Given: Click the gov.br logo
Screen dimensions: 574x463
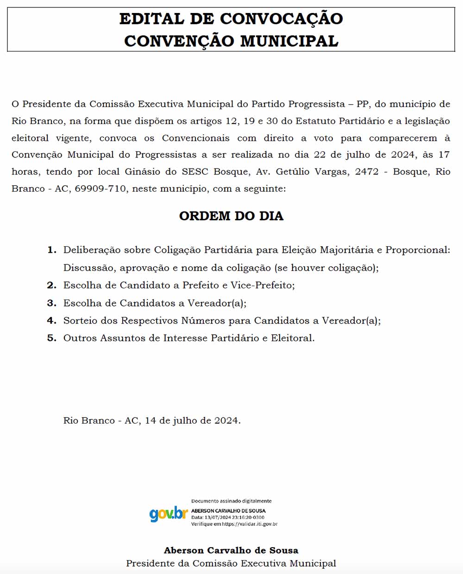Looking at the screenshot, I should [168, 514].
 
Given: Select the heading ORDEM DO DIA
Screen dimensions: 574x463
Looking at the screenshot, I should [231, 216].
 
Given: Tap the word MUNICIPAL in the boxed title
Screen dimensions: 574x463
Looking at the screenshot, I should [289, 41].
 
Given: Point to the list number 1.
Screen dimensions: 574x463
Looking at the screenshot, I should [51, 250].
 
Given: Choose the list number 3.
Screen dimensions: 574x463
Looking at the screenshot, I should [51, 303].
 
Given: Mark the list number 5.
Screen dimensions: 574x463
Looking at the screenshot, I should [51, 338].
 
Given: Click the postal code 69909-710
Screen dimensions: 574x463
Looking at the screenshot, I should [100, 189].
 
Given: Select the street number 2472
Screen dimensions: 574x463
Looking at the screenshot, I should [366, 172].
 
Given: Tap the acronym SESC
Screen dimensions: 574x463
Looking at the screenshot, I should [195, 172].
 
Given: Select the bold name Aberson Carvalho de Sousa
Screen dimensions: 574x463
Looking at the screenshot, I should [231, 550].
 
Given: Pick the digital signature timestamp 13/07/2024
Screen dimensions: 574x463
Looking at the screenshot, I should [218, 518].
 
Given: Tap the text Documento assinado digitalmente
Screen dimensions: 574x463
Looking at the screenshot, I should [231, 501].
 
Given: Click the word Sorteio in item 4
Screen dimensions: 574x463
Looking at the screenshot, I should [80, 321].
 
